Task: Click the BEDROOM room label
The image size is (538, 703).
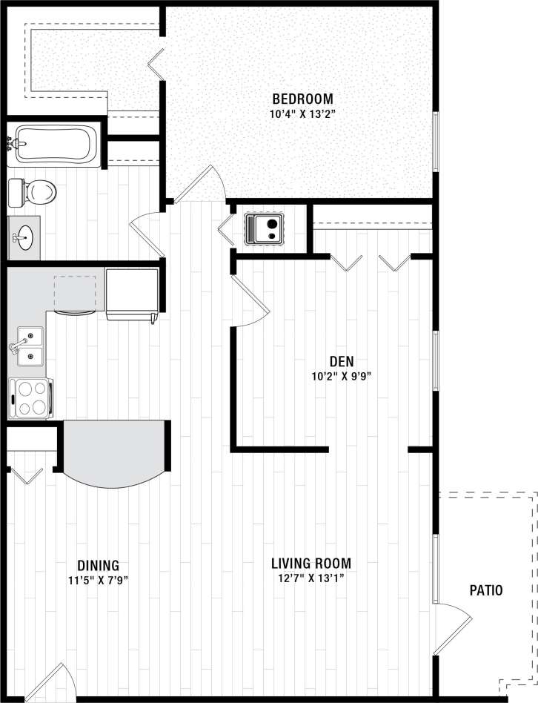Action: pos(302,99)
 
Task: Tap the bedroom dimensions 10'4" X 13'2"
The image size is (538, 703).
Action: pos(302,114)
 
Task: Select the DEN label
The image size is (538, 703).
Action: pos(341,361)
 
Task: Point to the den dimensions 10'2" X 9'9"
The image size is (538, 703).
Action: pos(341,375)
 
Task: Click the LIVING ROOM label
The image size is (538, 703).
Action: pos(310,562)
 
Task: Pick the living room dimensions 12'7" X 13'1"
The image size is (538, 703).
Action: pos(310,577)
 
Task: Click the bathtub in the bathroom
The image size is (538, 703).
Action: pos(56,143)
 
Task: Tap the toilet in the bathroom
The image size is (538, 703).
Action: pos(33,193)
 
